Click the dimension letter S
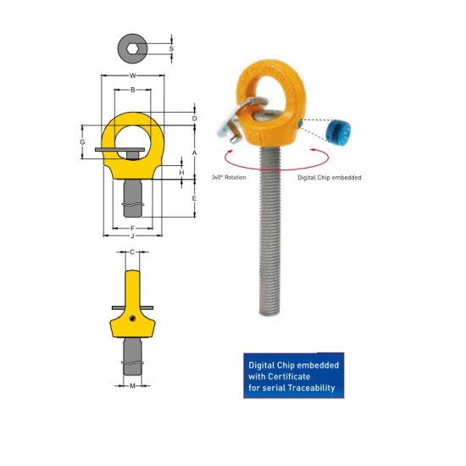pos(171,49)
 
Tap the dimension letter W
pos(133,75)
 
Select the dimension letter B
pos(133,90)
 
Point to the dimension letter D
pos(194,119)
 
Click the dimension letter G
pos(82,142)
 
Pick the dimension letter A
pos(194,153)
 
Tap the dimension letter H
pos(181,173)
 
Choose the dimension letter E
pos(194,198)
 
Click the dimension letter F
pos(132,228)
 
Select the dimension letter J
pos(132,236)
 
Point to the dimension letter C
pos(132,252)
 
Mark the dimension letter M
pos(132,386)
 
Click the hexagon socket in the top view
pos(131,49)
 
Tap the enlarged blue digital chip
pos(338,130)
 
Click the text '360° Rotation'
pos(229,177)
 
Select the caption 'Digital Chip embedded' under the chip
pos(330,178)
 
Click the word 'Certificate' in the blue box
pos(289,376)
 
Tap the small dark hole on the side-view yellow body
pos(132,319)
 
